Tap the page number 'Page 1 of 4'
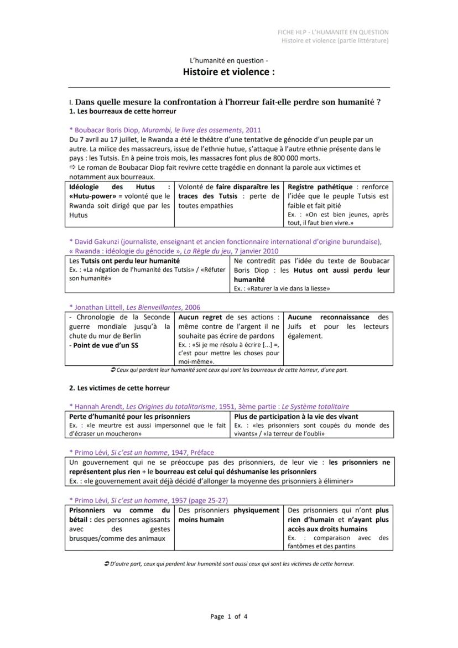[x=229, y=616]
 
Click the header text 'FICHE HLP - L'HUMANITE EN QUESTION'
[x=333, y=32]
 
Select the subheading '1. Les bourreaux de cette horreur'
[x=114, y=111]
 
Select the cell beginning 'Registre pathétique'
[x=338, y=204]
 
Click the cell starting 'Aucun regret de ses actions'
[x=228, y=339]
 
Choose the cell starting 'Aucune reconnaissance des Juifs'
[x=338, y=326]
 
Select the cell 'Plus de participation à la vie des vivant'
[x=311, y=424]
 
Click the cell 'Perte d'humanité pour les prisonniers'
[x=147, y=424]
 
